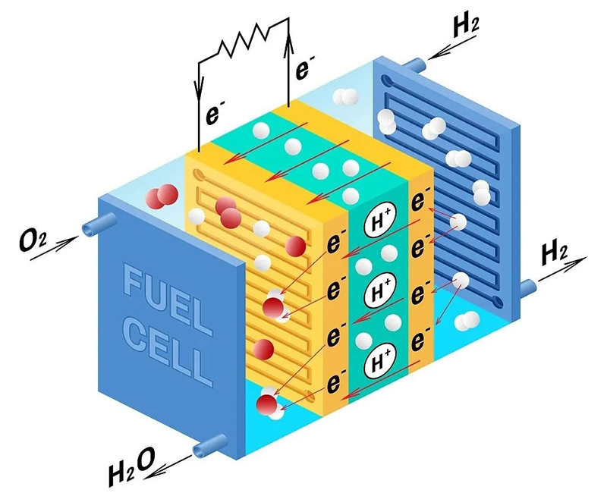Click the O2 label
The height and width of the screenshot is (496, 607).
click(35, 243)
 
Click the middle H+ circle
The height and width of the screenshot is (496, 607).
click(378, 291)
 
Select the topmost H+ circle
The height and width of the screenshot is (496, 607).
click(379, 222)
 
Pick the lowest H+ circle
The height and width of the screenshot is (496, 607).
click(378, 362)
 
